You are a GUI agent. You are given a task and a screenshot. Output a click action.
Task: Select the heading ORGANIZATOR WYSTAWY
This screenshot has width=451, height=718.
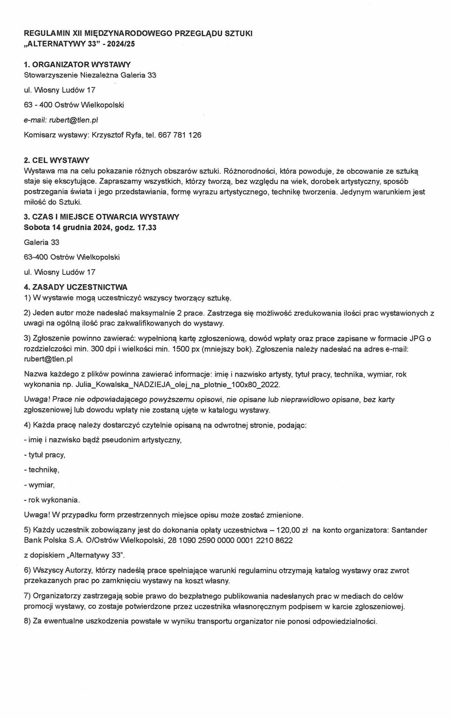(x=81, y=65)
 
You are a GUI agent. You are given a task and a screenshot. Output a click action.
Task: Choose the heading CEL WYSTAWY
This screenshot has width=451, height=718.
(x=61, y=160)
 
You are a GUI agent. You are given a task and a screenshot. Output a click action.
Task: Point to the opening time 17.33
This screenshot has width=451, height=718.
(x=147, y=228)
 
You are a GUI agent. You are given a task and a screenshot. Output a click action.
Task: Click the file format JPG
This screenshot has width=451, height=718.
(x=415, y=339)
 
